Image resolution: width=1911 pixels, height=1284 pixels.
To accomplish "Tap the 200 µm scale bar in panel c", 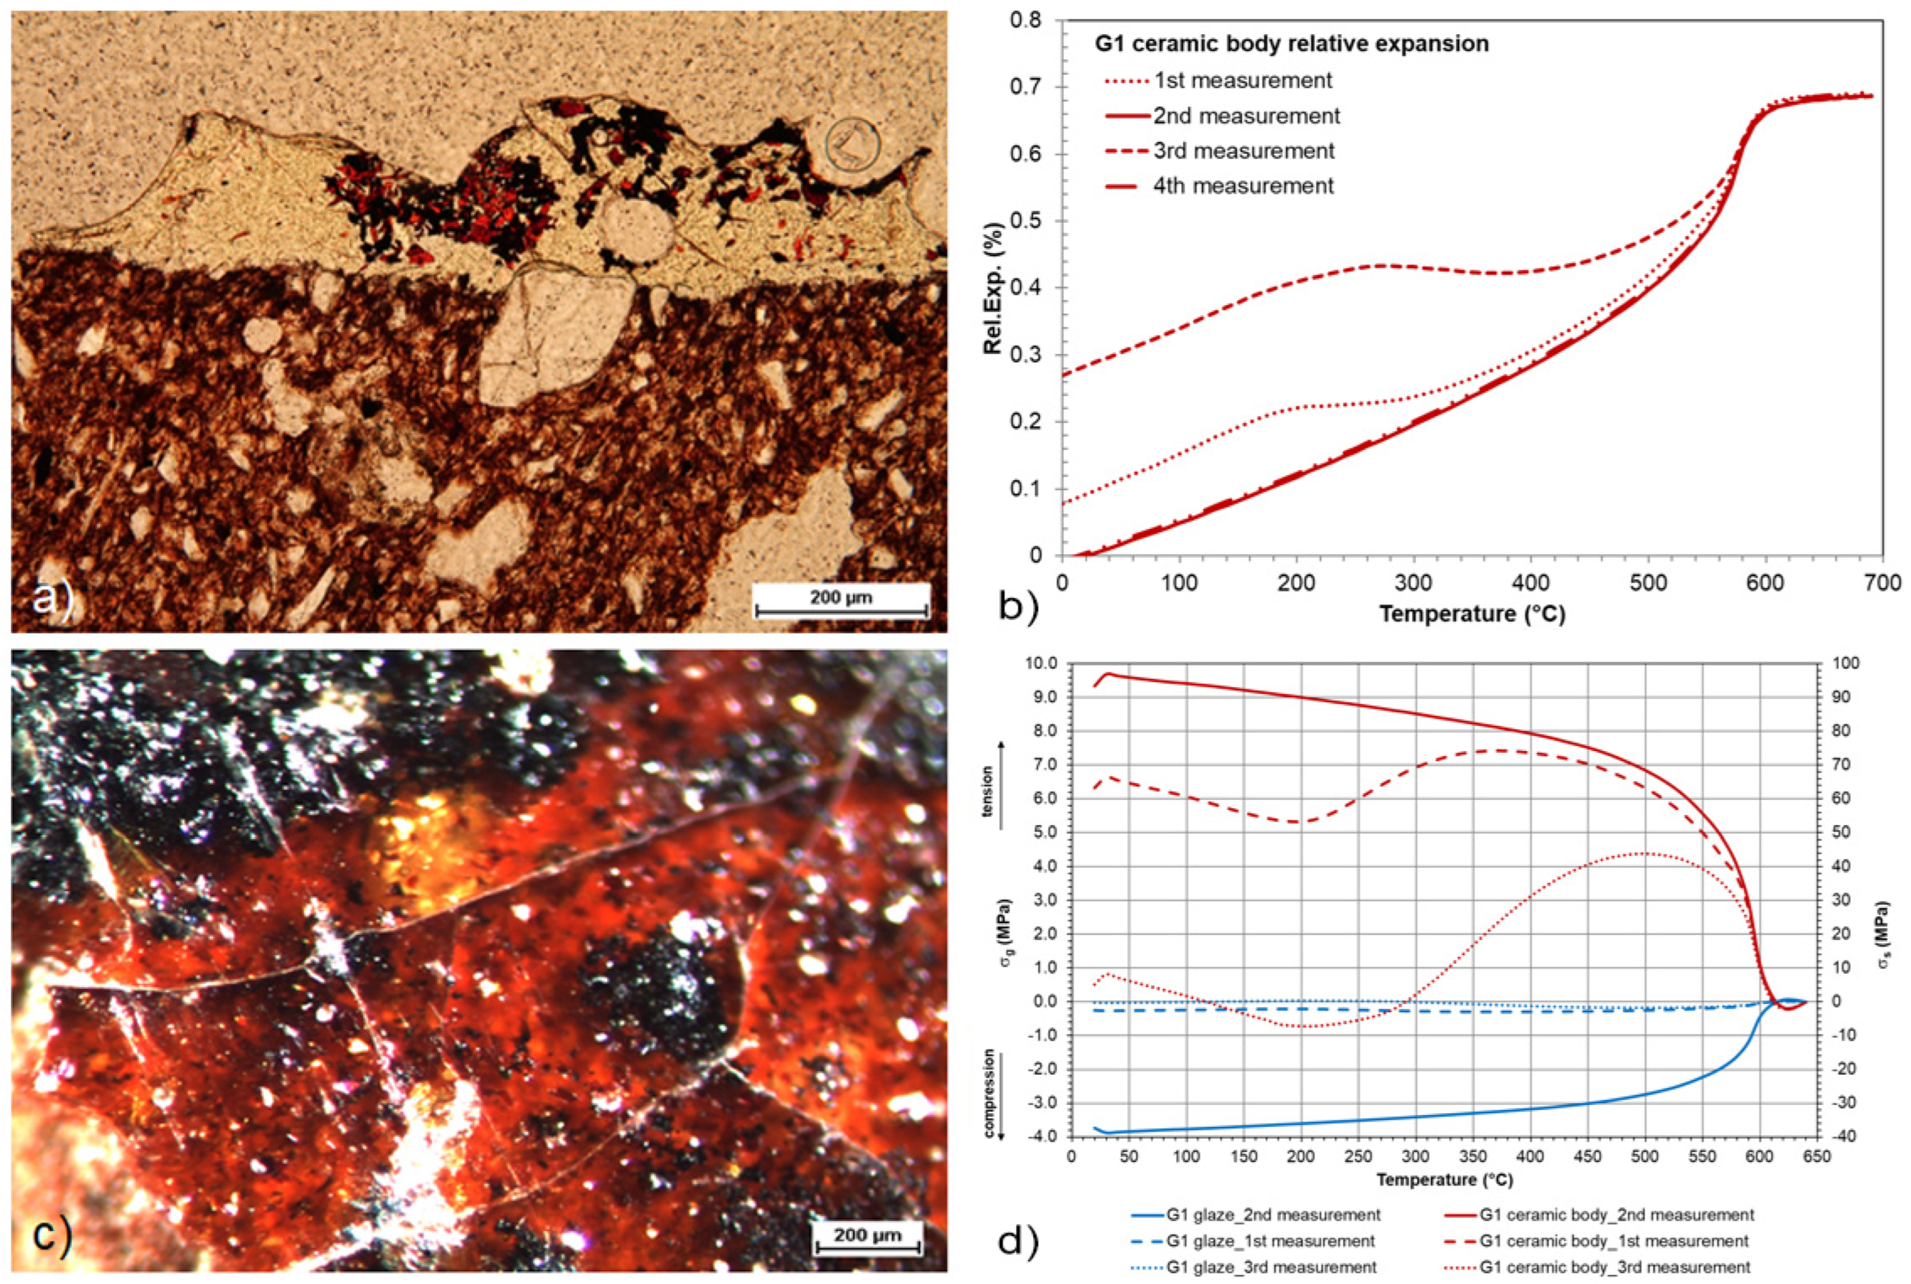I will point(869,1241).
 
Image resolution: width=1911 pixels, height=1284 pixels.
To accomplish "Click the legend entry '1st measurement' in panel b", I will point(1242,81).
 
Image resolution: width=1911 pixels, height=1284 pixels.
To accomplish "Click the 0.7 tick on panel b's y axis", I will point(1037,87).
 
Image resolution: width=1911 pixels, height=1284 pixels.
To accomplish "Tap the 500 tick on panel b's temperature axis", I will point(1648,583).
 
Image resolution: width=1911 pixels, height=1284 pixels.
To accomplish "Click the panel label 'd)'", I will point(1018,1242).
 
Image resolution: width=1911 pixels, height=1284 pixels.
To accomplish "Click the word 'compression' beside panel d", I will point(988,1094).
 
